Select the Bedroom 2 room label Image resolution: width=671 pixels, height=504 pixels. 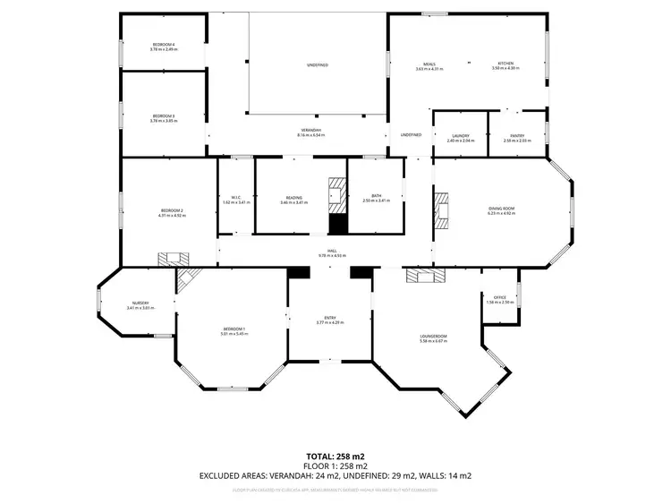(x=171, y=212)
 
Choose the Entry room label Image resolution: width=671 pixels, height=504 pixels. (x=330, y=320)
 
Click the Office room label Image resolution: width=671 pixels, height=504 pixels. (x=499, y=299)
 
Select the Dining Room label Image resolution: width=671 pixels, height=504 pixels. (x=501, y=210)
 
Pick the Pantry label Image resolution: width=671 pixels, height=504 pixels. (x=517, y=138)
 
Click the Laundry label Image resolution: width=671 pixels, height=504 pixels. (x=461, y=138)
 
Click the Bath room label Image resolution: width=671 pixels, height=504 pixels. (x=377, y=199)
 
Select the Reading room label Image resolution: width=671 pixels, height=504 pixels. (x=293, y=199)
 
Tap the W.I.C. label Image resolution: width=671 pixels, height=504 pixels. (x=236, y=200)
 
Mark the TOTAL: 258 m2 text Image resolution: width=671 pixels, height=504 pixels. (x=335, y=456)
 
